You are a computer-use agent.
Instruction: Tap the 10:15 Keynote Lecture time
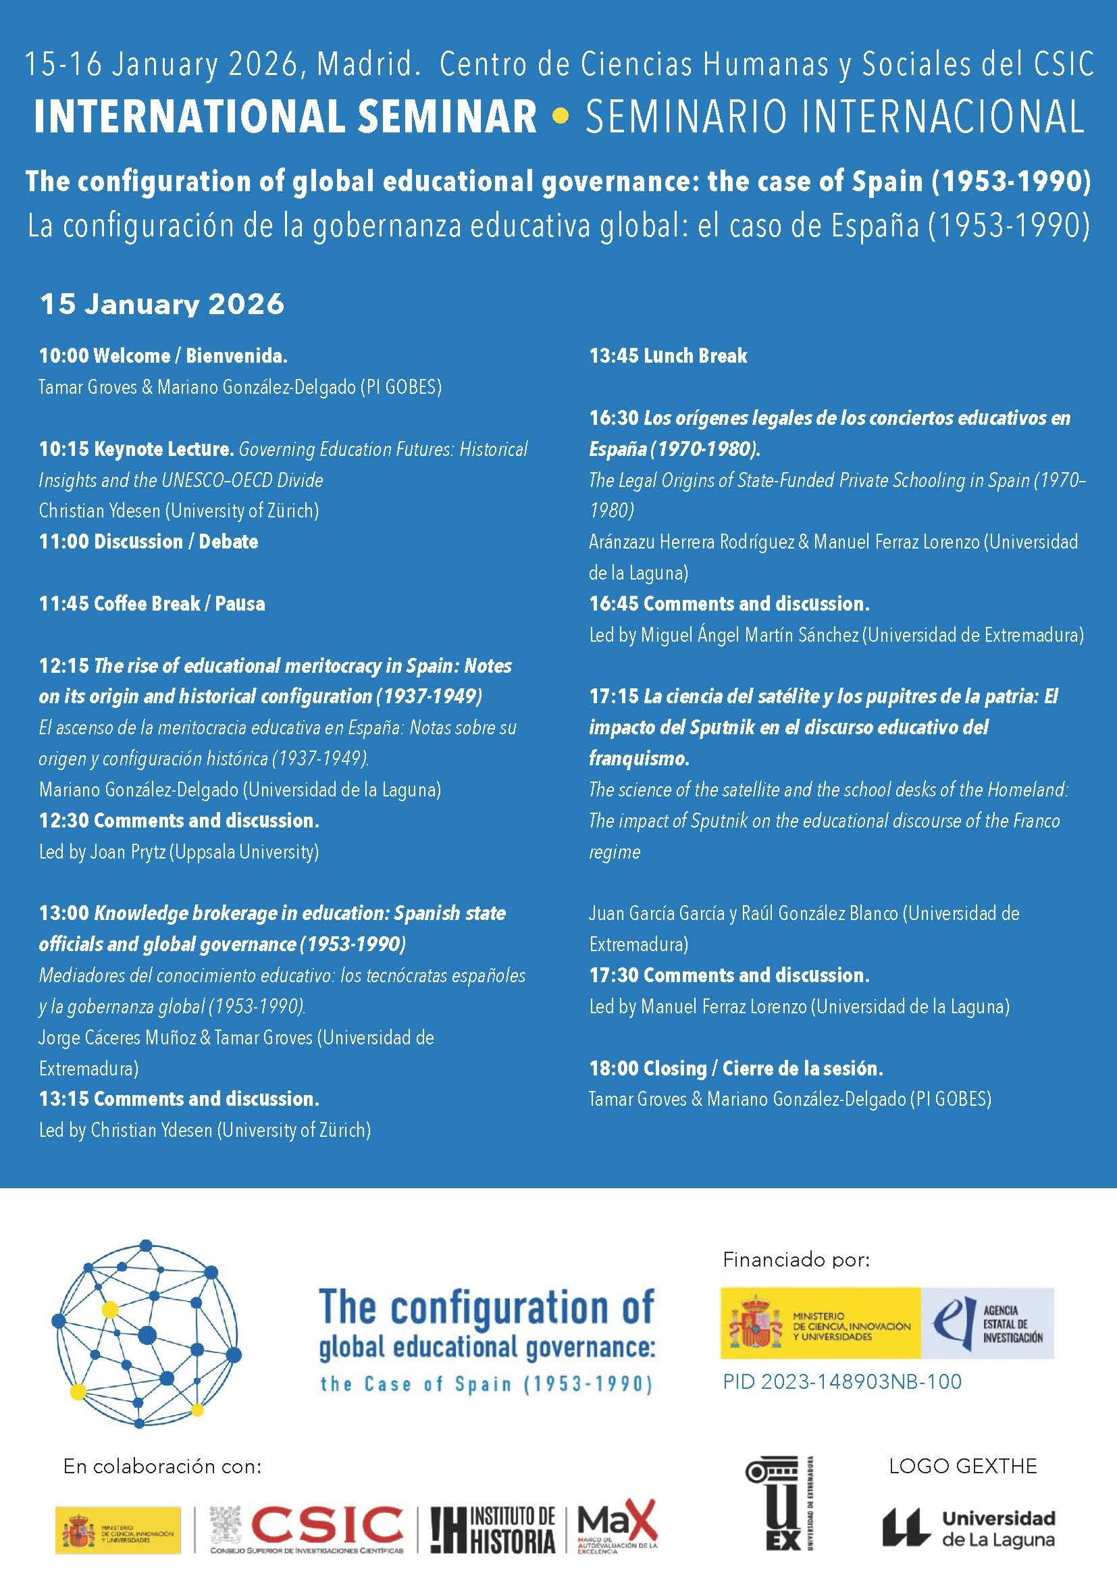coord(64,449)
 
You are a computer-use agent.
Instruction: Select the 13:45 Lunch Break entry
coord(668,356)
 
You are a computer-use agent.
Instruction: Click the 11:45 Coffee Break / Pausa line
coord(151,603)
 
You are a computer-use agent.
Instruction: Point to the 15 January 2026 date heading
coord(161,304)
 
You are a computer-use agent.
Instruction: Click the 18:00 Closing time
coord(613,1068)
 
